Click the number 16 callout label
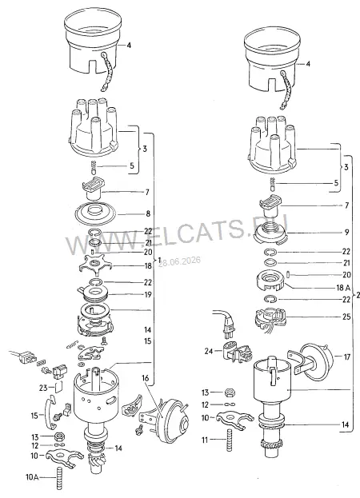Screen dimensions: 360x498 (x=146, y=378)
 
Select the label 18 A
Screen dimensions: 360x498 (x=343, y=288)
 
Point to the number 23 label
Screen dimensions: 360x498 (x=43, y=388)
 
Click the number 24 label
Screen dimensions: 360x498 (x=209, y=351)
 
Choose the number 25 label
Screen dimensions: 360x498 (x=346, y=317)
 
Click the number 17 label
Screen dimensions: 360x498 (x=346, y=357)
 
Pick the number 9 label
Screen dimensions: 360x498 (x=346, y=232)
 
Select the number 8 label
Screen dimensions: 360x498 (x=148, y=213)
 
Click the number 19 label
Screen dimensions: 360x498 (x=148, y=295)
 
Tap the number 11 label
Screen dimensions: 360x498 (x=206, y=440)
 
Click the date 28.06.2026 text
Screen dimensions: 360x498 (x=180, y=261)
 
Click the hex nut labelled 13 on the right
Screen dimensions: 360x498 (x=230, y=392)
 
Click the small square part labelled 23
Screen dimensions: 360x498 (x=58, y=388)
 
